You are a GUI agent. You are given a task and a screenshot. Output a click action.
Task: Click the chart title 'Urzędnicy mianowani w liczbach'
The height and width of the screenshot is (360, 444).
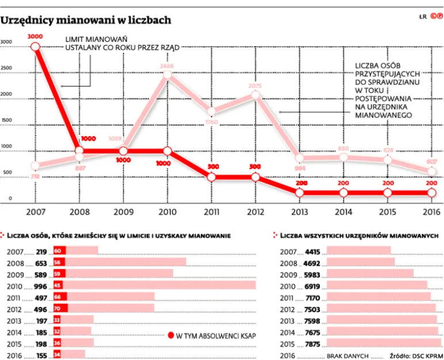pyautogui.click(x=86, y=20)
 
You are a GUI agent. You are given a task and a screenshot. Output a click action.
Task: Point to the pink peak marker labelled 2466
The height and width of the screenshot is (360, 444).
pyautogui.click(x=167, y=74)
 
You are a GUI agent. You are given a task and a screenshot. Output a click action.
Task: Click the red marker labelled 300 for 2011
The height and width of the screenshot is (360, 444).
pyautogui.click(x=211, y=177)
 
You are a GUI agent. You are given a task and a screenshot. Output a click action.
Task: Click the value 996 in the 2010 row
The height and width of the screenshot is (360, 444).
pyautogui.click(x=40, y=286)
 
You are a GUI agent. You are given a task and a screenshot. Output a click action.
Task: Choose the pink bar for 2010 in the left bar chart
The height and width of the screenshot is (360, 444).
pyautogui.click(x=161, y=286)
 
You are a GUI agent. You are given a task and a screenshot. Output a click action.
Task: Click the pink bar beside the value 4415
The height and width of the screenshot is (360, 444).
pyautogui.click(x=358, y=251)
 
